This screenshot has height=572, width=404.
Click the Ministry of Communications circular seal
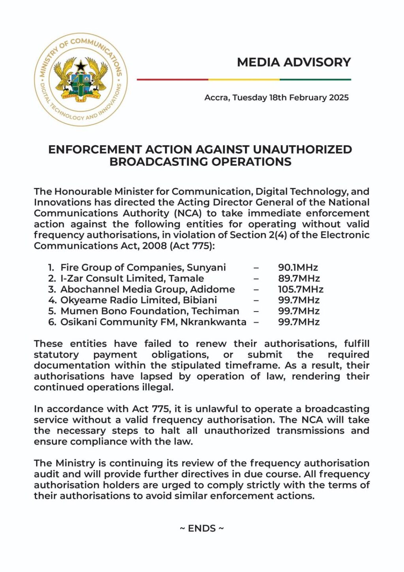point(81,79)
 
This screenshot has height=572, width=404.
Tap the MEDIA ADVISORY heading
point(294,62)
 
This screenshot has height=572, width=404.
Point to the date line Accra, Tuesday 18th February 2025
point(276,98)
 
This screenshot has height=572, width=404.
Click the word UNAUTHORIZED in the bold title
point(302,150)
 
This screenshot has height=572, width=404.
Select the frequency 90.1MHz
point(298,268)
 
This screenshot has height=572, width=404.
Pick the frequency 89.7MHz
point(299,278)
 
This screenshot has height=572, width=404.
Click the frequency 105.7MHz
point(301,289)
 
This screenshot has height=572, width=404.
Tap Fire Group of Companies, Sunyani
point(143,268)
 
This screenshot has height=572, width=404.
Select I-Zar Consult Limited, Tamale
point(132,278)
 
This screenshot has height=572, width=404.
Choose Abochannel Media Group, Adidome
point(148,289)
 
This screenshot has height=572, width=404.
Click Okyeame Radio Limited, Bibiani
point(138,300)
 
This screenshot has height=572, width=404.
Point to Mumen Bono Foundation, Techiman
point(150,311)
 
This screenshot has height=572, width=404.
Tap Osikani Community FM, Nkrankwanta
point(153,322)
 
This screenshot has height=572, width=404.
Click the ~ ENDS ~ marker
point(202,528)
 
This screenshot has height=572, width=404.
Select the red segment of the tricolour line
point(172,79)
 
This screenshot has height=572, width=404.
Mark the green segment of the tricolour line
point(315,79)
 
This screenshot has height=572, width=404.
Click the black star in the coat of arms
point(81,66)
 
